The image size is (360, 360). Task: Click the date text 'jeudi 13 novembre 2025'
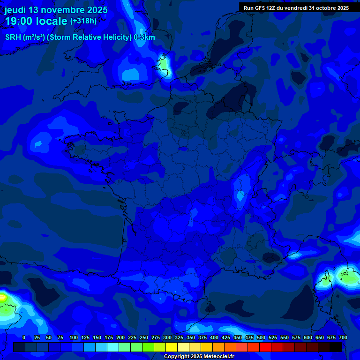(x=56, y=10)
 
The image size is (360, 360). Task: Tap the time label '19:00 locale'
(x=36, y=21)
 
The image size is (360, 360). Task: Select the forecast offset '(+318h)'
(x=83, y=21)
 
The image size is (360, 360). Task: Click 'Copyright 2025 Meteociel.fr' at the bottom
(x=199, y=357)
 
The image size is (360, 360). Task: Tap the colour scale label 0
(x=24, y=337)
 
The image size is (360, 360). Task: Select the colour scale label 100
(x=74, y=337)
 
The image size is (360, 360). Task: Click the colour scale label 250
(x=144, y=337)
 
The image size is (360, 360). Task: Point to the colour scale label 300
(x=167, y=337)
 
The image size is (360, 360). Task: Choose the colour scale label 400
(x=214, y=337)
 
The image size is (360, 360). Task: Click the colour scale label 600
(x=308, y=337)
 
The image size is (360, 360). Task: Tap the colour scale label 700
(x=343, y=337)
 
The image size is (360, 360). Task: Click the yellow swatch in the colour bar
(x=172, y=347)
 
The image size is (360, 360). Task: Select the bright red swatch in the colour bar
(x=265, y=347)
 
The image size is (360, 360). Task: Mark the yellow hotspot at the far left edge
(x=2, y=297)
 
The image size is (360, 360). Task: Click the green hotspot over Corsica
(x=349, y=277)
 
